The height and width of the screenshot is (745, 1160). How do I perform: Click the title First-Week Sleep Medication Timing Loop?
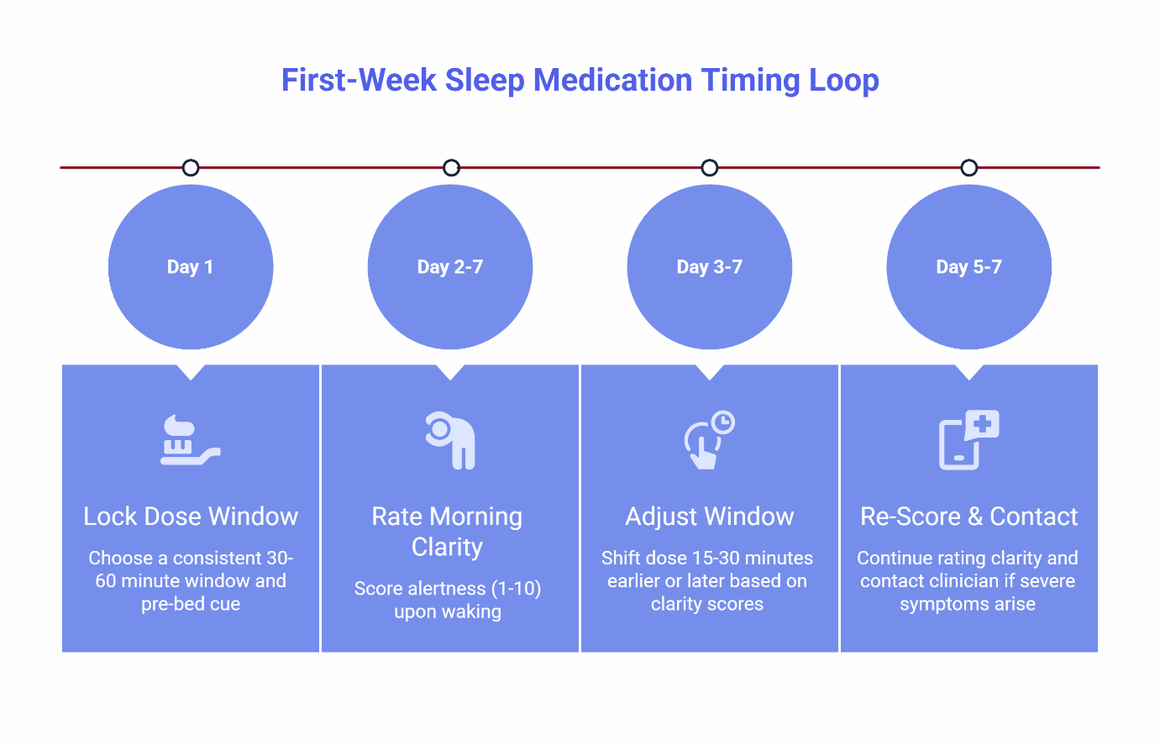580,81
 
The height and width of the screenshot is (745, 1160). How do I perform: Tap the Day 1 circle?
191,267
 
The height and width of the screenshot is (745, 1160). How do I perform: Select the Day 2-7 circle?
450,267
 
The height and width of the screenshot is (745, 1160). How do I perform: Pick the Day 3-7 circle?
710,267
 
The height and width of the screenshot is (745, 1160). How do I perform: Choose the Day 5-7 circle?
969,267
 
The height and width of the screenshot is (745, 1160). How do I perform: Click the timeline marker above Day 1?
191,168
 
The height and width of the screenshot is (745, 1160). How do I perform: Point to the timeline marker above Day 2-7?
451,168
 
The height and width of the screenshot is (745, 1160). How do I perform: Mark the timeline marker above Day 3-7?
710,168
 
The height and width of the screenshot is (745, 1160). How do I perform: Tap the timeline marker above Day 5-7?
969,168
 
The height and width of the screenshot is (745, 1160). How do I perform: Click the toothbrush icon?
190,440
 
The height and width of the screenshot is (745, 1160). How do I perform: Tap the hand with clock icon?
709,440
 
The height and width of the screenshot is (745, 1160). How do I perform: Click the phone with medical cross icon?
968,440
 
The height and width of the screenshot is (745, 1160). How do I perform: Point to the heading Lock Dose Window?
191,516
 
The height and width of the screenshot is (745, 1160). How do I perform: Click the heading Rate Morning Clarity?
448,531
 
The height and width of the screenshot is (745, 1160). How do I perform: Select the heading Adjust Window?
710,516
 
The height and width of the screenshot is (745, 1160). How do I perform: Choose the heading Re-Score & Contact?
968,516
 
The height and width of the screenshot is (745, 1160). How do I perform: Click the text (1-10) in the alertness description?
514,588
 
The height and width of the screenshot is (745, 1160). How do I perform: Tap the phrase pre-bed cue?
191,604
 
